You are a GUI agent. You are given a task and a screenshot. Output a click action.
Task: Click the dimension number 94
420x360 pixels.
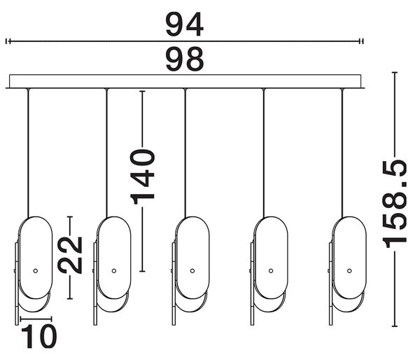pyautogui.click(x=185, y=25)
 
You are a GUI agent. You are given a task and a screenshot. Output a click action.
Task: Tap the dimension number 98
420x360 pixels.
pyautogui.click(x=185, y=59)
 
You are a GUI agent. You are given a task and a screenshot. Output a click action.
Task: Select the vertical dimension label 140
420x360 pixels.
pyautogui.click(x=142, y=177)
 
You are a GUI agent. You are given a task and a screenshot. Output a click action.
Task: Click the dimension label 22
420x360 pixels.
pyautogui.click(x=70, y=255)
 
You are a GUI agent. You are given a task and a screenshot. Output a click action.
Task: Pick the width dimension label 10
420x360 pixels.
pyautogui.click(x=39, y=336)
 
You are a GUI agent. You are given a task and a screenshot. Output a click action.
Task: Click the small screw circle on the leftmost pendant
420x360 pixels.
pyautogui.click(x=36, y=271)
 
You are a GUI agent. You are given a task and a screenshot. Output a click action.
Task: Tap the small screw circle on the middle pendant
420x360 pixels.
pyautogui.click(x=192, y=271)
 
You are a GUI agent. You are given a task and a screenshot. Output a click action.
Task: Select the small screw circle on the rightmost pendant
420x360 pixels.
pyautogui.click(x=349, y=271)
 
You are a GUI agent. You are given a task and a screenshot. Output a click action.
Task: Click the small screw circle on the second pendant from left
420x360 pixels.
pyautogui.click(x=114, y=271)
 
